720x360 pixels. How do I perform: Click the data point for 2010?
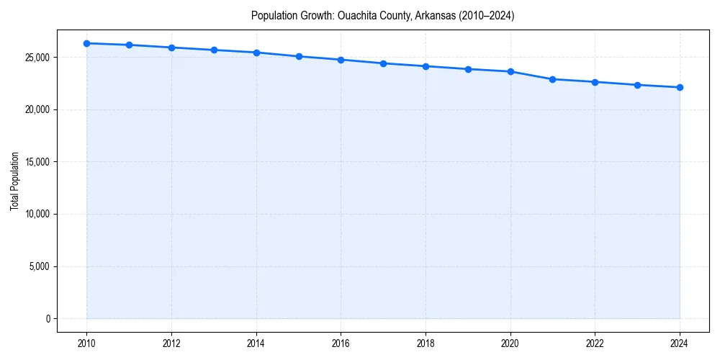tap(86, 43)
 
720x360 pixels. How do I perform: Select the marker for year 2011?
tap(129, 45)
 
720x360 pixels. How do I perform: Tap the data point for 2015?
tap(299, 56)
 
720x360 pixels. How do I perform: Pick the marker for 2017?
tap(383, 63)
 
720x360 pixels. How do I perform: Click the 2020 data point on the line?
tap(510, 71)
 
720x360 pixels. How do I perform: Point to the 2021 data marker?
tap(552, 79)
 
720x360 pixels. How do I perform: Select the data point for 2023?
tap(637, 85)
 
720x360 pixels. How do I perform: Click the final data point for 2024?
tap(680, 87)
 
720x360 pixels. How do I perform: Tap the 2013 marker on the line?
tap(214, 50)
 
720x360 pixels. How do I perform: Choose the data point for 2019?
tap(468, 69)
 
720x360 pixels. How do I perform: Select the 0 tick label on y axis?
tap(47, 319)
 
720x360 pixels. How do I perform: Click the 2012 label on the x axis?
tap(171, 343)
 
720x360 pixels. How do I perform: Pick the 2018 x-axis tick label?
tap(426, 343)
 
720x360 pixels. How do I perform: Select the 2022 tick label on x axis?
tap(595, 343)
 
